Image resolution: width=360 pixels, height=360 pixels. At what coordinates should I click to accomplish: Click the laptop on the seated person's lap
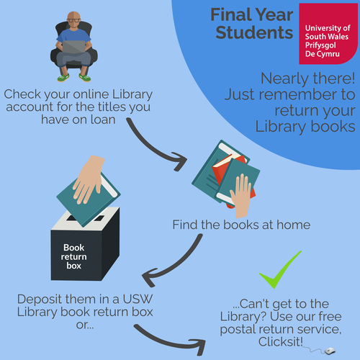coord(75,48)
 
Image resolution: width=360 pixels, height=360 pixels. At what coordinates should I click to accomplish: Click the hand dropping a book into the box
coord(89,178)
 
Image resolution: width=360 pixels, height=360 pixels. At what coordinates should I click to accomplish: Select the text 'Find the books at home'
coord(241,225)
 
